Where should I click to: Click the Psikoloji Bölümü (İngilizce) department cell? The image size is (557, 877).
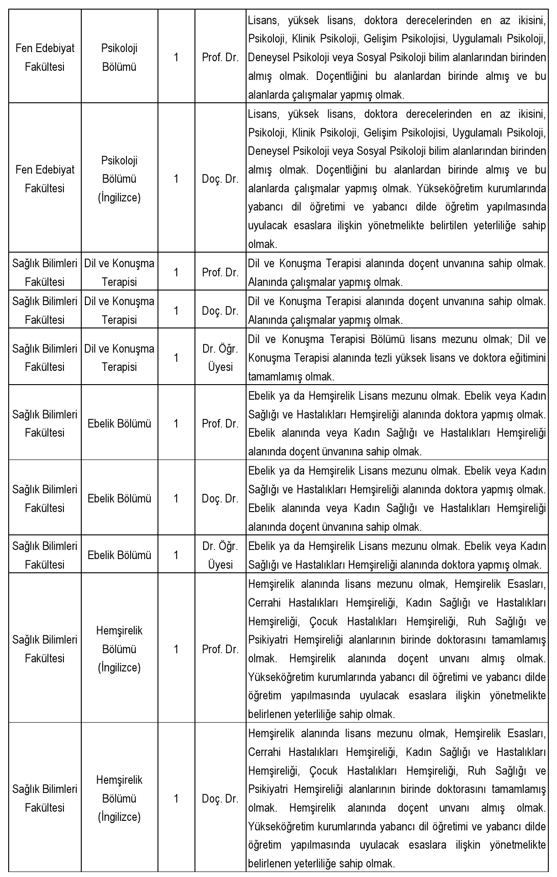pos(119,179)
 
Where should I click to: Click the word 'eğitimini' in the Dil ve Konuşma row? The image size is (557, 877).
pos(526,358)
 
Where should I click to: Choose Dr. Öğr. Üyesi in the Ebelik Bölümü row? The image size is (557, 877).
pos(220,555)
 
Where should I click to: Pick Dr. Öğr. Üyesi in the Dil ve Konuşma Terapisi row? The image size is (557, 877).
pos(220,358)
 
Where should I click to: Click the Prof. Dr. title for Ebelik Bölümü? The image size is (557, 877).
pos(220,423)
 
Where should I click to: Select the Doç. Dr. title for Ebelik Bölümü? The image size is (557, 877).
pos(220,498)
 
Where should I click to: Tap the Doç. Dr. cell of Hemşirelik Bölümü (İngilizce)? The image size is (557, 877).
pos(220,799)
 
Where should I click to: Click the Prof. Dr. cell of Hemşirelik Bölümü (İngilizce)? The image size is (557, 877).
pos(220,649)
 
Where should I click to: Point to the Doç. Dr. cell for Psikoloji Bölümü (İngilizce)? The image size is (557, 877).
pos(220,179)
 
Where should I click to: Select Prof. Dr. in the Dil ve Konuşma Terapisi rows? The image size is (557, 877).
pos(220,273)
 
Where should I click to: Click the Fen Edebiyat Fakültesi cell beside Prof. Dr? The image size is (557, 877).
pos(45,58)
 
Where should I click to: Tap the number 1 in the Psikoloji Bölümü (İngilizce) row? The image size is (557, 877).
pos(176,179)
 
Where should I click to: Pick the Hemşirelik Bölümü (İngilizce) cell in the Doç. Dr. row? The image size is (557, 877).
pos(119,799)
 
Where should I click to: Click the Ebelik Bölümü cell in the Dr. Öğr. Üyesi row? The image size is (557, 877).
pos(119,555)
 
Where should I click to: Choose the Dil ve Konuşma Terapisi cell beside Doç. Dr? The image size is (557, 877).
pos(119,311)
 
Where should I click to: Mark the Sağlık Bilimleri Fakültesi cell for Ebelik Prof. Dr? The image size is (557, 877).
pos(45,423)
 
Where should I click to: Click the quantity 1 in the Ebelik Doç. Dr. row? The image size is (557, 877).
pos(176,498)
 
